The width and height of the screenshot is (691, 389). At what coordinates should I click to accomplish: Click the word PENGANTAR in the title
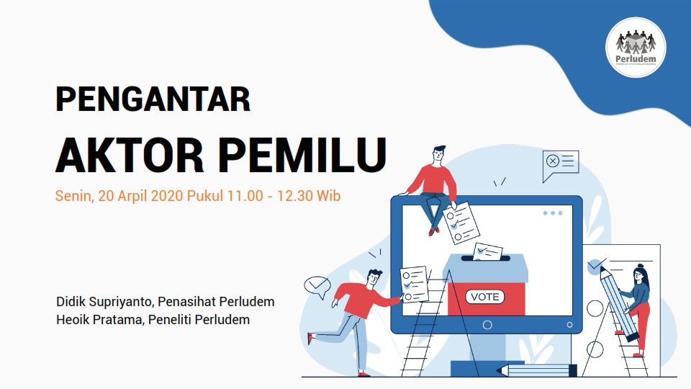click(x=153, y=99)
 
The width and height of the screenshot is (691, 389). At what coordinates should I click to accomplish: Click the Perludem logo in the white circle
click(x=636, y=47)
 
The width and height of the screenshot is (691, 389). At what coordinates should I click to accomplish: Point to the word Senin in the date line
click(x=72, y=196)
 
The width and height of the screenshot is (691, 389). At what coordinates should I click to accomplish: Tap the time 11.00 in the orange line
click(x=240, y=196)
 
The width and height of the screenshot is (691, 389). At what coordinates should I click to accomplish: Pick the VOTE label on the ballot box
click(x=485, y=296)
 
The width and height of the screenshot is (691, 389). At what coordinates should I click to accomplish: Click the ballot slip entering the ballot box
click(x=489, y=252)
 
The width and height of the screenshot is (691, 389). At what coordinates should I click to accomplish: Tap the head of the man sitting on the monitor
click(x=438, y=156)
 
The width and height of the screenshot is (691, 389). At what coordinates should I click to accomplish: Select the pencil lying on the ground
click(x=536, y=370)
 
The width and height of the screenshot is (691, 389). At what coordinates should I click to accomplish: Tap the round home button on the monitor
click(x=487, y=325)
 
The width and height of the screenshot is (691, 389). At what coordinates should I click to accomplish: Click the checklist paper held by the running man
click(x=414, y=284)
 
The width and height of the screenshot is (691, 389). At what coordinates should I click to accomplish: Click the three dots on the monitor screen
click(x=553, y=213)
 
